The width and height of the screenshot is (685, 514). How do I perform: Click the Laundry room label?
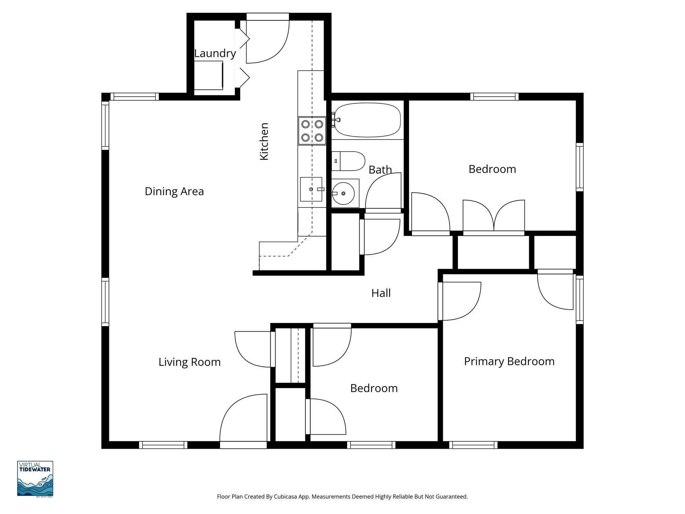(215, 54)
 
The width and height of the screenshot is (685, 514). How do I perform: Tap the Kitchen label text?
(264, 142)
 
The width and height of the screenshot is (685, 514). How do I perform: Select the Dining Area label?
(174, 191)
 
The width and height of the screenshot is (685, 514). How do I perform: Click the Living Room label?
(189, 362)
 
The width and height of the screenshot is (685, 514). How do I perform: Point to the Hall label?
(381, 293)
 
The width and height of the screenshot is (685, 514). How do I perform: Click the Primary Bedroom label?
(509, 361)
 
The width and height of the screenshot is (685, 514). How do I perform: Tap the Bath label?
(380, 170)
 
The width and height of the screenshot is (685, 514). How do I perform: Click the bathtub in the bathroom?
(367, 120)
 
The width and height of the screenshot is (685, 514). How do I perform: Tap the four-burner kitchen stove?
(312, 131)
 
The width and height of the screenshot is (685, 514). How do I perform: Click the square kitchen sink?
(311, 189)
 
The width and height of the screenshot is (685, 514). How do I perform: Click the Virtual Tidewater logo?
(35, 479)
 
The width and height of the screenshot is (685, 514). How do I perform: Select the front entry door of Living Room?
(243, 422)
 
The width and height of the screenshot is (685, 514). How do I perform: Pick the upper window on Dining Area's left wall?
(105, 125)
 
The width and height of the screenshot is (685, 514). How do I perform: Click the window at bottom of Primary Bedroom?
(473, 445)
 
